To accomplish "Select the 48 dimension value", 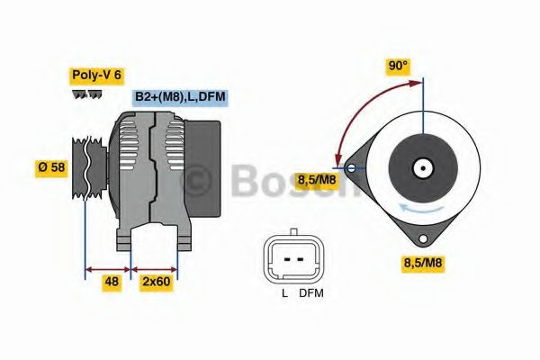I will pos(112,282).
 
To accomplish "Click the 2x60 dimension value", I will pos(156,282).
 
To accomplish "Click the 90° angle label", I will pos(398,66).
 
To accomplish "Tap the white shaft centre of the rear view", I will pos(422,166).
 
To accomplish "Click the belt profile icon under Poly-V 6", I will pos(85,95).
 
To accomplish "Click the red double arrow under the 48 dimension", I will pos(108,267).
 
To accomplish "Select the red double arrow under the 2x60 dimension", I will pos(155,267).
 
